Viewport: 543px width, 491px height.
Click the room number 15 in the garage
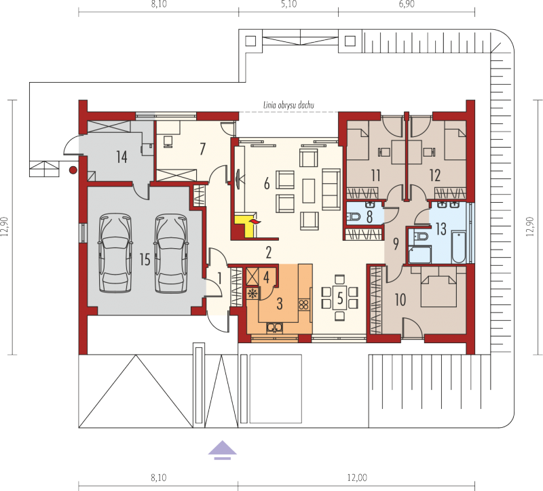[x=145, y=259]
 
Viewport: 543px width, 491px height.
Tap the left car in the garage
[x=115, y=253]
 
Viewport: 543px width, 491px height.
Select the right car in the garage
[x=171, y=253]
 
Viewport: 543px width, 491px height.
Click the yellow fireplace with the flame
[x=246, y=226]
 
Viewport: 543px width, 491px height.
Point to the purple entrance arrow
[x=223, y=450]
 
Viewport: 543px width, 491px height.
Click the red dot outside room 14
[x=73, y=170]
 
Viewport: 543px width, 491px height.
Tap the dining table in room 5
[x=340, y=298]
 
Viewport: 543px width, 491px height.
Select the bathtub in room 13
[x=459, y=247]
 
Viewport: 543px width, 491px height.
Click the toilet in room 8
[x=354, y=217]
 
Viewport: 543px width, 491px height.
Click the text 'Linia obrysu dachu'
[x=288, y=105]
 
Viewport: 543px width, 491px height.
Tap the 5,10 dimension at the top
[x=289, y=4]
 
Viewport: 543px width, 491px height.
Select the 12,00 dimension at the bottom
[x=357, y=478]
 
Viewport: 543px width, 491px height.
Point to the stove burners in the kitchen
[x=303, y=305]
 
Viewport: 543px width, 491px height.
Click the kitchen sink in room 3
[x=274, y=327]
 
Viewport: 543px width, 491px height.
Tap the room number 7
[x=202, y=149]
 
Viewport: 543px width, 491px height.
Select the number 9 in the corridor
[x=396, y=244]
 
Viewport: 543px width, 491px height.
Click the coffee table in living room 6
[x=309, y=191]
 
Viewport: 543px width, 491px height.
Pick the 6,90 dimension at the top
[x=407, y=4]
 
